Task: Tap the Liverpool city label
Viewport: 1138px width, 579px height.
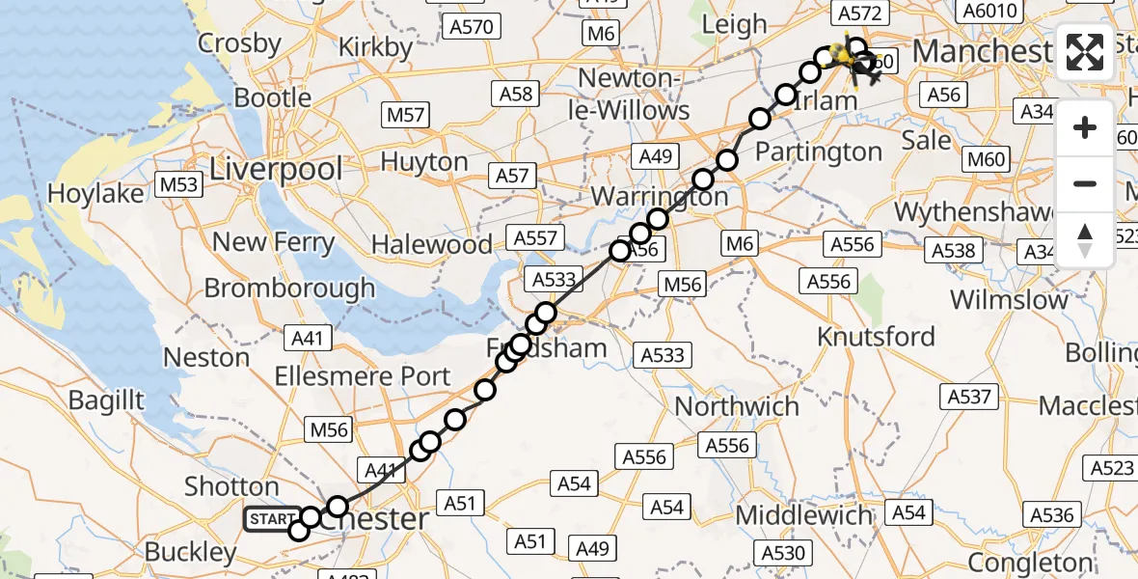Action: point(276,170)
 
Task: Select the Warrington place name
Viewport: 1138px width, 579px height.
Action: point(660,196)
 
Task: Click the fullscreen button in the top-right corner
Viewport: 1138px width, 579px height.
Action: point(1085,52)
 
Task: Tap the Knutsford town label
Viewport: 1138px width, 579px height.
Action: point(876,337)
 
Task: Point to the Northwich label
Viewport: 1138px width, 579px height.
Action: point(737,406)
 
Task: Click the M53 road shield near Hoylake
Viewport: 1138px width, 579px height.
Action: point(178,183)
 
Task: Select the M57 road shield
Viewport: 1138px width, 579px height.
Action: point(406,115)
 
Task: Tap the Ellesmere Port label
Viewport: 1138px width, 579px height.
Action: point(362,376)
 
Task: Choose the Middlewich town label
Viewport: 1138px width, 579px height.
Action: point(804,515)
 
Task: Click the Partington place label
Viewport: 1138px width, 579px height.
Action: point(818,152)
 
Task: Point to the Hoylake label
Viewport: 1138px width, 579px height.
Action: point(95,193)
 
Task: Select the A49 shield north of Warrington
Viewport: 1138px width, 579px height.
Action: point(655,156)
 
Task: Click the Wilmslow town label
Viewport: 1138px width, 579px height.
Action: point(1010,299)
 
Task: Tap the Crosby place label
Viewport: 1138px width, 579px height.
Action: point(240,43)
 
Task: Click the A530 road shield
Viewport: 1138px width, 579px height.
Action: point(782,552)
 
